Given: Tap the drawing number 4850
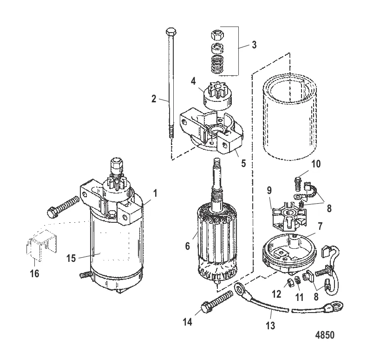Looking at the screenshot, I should tap(323, 335).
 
